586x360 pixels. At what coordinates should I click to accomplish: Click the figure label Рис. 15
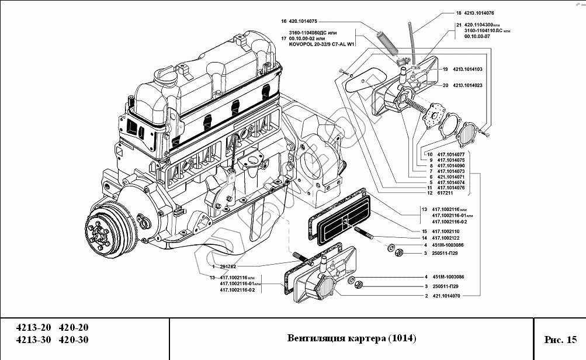(x=560, y=339)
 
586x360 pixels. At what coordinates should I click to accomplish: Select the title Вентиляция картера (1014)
(x=352, y=339)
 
